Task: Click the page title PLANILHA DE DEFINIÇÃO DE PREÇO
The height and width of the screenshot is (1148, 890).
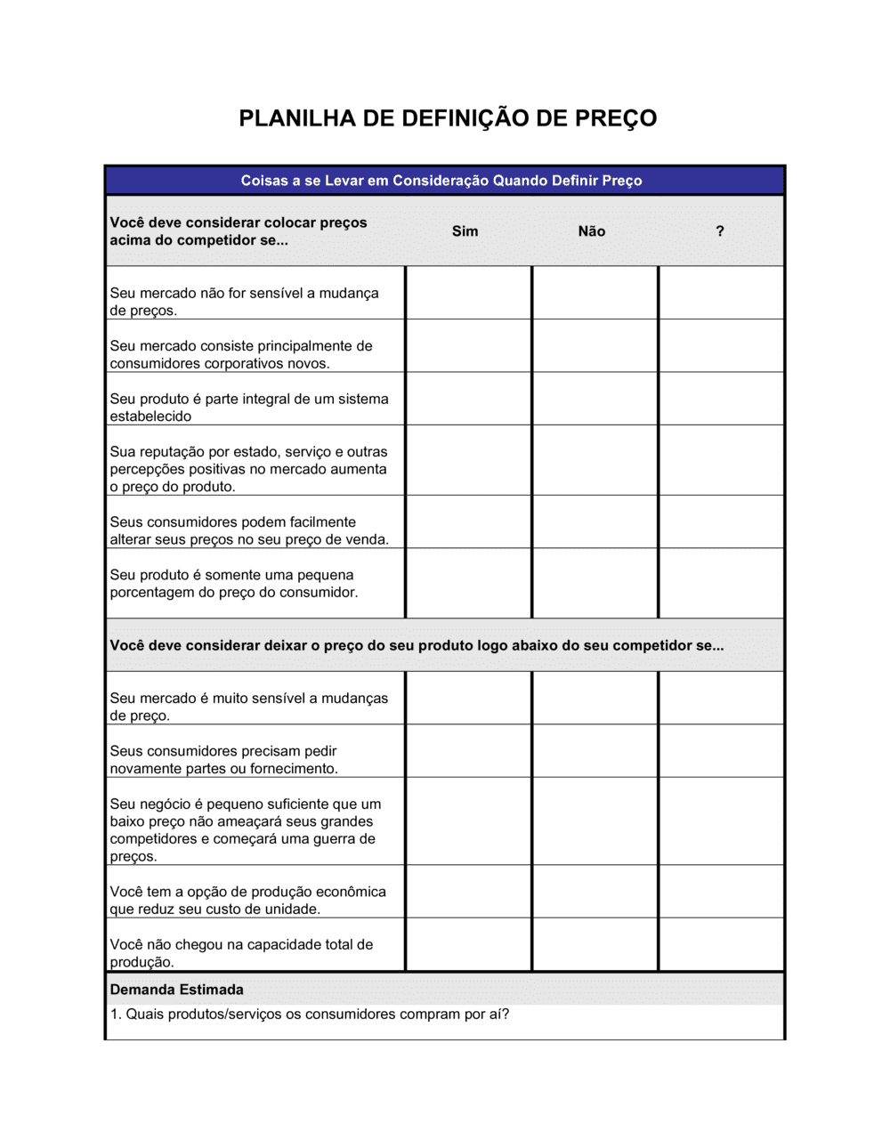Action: click(x=448, y=118)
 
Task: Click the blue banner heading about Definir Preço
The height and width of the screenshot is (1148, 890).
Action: click(x=441, y=181)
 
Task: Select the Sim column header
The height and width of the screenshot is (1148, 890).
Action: click(x=465, y=231)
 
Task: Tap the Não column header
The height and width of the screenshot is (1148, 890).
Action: click(x=592, y=231)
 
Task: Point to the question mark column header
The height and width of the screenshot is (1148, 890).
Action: click(x=720, y=231)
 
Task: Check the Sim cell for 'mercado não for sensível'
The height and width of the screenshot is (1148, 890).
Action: click(x=468, y=293)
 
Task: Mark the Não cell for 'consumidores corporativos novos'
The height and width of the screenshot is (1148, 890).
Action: click(x=595, y=345)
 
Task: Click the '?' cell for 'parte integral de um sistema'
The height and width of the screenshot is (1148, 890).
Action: click(x=721, y=399)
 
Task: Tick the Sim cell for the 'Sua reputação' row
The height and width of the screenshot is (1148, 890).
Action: click(x=468, y=460)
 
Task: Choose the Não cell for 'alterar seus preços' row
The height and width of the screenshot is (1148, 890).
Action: click(x=595, y=521)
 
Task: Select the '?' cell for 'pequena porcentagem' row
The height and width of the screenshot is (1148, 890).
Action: click(x=721, y=583)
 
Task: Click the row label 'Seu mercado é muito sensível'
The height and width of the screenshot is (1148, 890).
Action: click(x=249, y=707)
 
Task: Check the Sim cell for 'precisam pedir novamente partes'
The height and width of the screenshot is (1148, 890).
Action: click(x=468, y=751)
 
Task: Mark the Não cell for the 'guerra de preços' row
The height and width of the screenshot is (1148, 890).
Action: click(x=595, y=821)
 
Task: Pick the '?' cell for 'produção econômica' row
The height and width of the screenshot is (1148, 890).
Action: click(x=721, y=892)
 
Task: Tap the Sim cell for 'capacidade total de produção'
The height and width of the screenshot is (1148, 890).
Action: click(x=468, y=944)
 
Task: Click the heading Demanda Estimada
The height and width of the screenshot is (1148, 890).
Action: click(x=177, y=990)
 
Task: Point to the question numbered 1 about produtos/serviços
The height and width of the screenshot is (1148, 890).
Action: click(x=309, y=1015)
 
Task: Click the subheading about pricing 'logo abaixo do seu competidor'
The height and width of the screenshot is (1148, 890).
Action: click(x=417, y=645)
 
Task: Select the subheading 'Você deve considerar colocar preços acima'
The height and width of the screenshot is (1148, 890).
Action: click(x=239, y=231)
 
